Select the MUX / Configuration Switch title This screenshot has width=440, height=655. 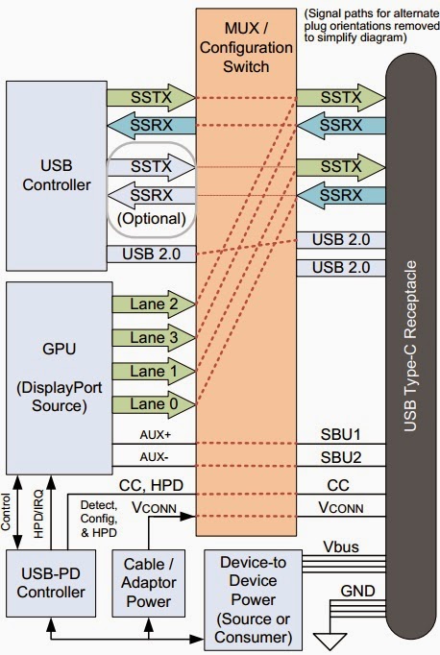245,44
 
